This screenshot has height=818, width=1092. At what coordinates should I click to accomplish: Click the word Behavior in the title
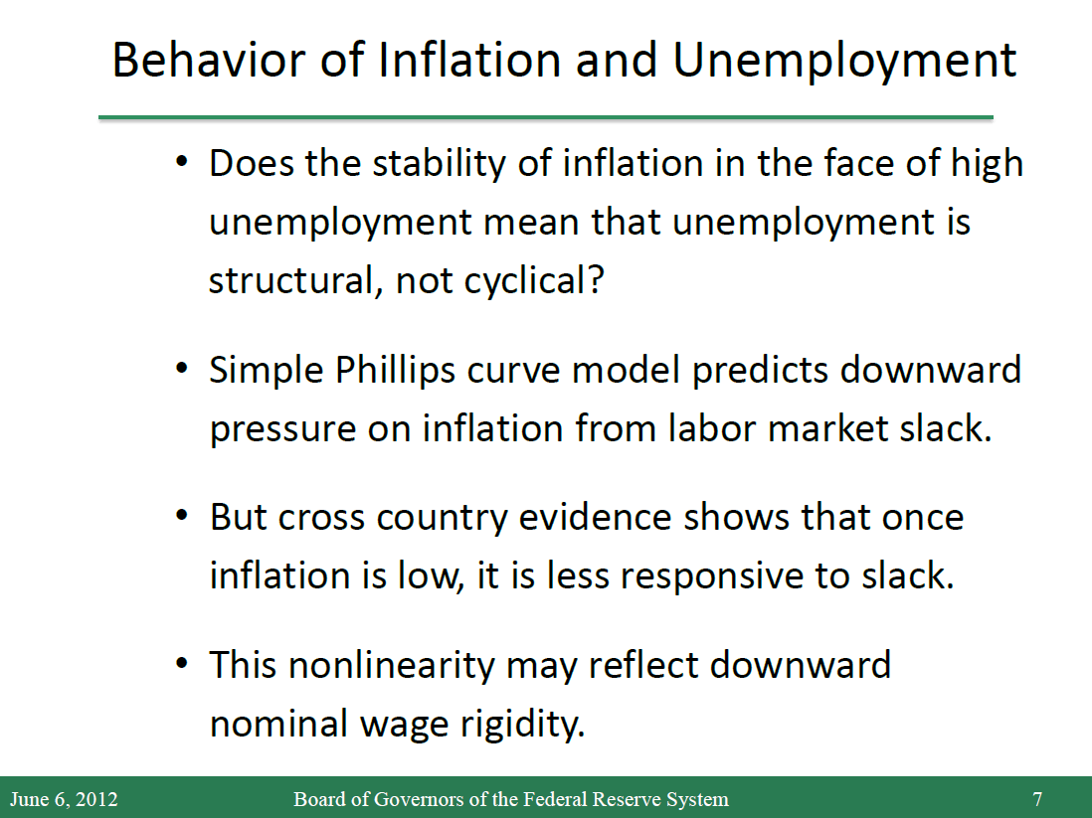208,60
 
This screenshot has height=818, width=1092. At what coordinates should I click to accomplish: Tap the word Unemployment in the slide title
844,62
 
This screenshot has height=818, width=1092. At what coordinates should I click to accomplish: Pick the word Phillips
395,371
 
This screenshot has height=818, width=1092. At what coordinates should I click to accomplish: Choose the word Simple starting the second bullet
266,371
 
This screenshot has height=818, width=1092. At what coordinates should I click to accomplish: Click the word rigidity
523,725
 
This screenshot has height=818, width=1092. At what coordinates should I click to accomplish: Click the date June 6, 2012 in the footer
64,799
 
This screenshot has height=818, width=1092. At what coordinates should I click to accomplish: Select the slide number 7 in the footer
1037,799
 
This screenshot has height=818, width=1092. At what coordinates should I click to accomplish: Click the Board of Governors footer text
511,799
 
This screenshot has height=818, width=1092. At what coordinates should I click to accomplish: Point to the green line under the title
546,117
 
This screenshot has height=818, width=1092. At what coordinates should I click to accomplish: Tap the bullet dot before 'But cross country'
182,517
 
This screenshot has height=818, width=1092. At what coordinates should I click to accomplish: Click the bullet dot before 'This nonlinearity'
182,664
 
